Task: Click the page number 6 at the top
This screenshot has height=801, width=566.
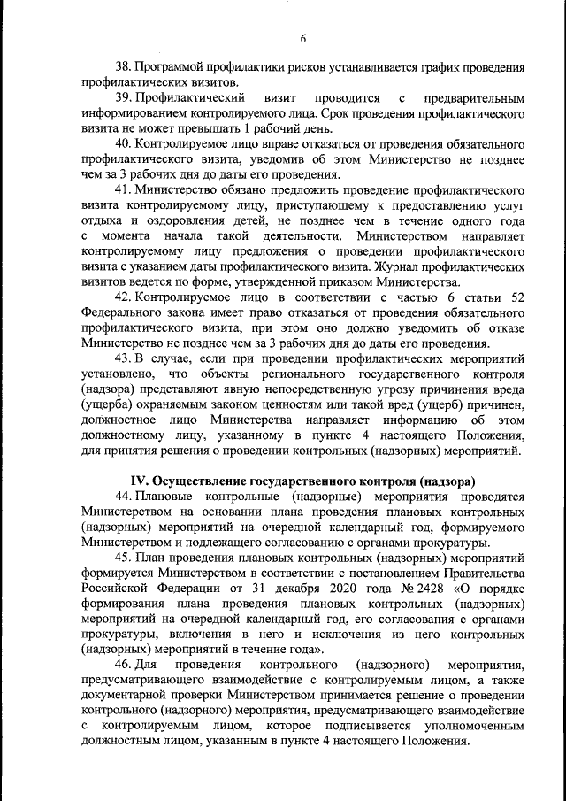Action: (302, 38)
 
